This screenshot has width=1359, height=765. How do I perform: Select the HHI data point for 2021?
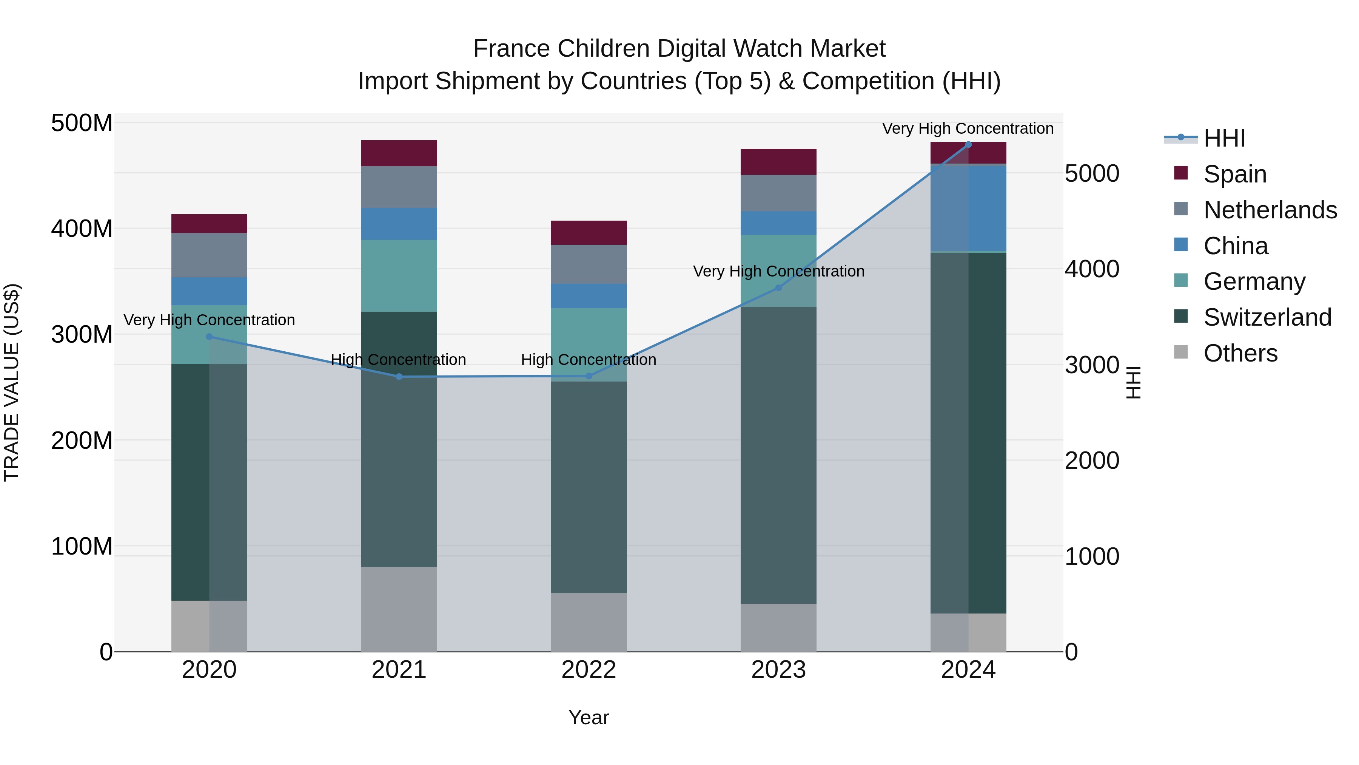(399, 376)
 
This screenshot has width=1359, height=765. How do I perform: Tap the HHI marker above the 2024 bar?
(968, 144)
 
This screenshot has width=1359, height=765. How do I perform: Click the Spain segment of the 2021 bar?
(399, 153)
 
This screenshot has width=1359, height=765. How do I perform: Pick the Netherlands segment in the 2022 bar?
(589, 264)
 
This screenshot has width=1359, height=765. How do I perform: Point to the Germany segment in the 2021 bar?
(399, 276)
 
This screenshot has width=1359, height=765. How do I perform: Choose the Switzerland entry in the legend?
(1267, 317)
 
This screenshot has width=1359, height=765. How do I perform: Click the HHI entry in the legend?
(1224, 138)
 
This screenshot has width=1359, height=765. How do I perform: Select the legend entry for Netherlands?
(1270, 210)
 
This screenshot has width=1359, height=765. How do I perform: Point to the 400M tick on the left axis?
(82, 229)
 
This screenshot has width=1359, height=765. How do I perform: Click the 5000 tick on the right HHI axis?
(1091, 174)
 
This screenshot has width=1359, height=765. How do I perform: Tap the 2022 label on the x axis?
(589, 670)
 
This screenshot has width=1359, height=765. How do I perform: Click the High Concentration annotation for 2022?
(589, 360)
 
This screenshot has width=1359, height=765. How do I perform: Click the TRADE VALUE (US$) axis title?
(12, 382)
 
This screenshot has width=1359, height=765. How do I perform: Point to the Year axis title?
(589, 717)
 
